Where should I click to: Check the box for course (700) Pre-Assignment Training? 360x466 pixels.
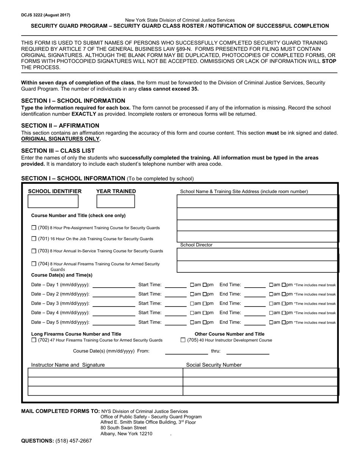click(34, 228)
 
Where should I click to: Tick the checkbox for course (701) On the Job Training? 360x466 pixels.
click(34, 239)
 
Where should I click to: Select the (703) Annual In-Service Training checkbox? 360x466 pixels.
click(34, 251)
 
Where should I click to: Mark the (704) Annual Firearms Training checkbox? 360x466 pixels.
click(34, 264)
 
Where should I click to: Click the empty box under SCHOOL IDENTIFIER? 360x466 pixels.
click(53, 202)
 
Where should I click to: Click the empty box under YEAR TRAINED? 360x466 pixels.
click(116, 202)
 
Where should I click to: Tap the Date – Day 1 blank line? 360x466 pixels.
click(114, 285)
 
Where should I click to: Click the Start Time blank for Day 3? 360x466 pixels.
click(175, 304)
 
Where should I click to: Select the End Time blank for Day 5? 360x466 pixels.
click(255, 323)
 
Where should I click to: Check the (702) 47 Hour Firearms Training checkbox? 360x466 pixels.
click(34, 340)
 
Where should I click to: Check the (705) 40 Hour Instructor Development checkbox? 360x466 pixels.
click(183, 340)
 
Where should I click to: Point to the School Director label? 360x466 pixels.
click(196, 245)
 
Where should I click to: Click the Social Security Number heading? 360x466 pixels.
click(214, 365)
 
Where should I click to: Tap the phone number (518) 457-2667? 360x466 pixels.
click(74, 441)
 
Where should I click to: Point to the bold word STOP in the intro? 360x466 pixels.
click(329, 61)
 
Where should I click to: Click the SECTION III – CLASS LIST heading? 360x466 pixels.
click(58, 150)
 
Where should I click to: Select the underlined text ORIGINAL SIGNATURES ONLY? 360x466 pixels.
click(61, 139)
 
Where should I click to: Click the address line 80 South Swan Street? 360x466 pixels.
click(123, 428)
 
